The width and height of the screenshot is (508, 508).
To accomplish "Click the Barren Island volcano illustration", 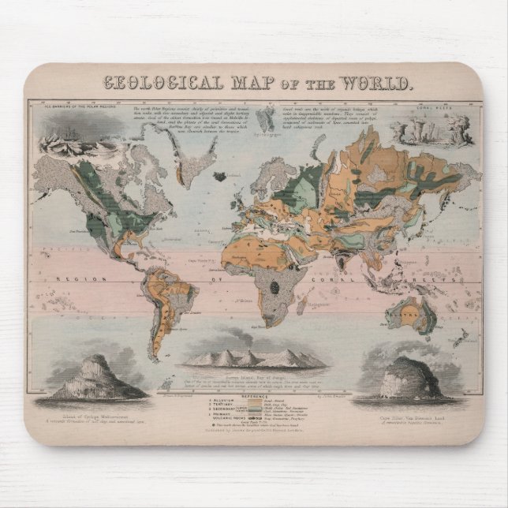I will coord(255,358).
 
